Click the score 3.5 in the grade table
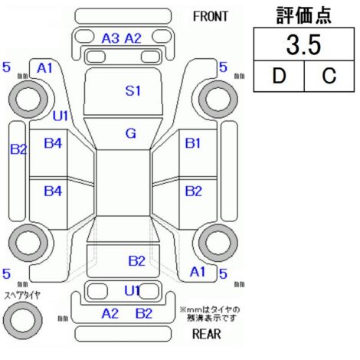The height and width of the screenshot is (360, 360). coord(303,44)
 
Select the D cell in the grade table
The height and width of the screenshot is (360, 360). coord(279,76)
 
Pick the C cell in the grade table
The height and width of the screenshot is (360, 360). coord(329,76)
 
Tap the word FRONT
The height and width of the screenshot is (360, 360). coord(211,17)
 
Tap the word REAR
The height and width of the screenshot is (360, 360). coord(207,333)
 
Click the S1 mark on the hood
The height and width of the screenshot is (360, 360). coord(133,90)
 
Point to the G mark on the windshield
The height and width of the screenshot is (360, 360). coord(131,133)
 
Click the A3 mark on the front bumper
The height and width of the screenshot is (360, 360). coord(110,38)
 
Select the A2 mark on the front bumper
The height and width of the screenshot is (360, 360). coord(133,38)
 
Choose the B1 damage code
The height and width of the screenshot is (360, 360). coord(193,143)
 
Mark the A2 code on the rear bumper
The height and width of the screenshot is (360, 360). coord(110,313)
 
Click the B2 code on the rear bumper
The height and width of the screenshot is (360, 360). coord(144,313)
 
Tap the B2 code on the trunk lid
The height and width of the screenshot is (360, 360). coord(136,261)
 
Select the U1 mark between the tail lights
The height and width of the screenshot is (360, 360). coord(132,290)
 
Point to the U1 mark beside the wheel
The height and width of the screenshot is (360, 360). coord(61,116)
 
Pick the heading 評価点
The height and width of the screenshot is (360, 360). coord(304,15)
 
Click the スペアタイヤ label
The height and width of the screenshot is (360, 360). coord(22,296)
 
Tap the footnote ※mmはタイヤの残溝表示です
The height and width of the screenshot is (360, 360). coord(210,314)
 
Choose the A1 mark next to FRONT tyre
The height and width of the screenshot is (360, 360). coord(44,68)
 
